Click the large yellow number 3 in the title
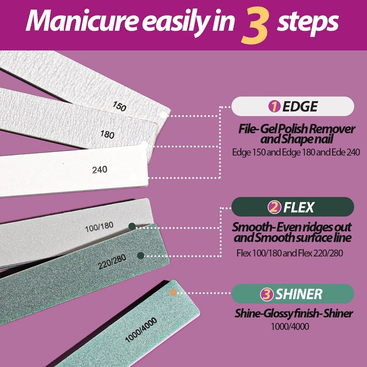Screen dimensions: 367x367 pyautogui.click(x=255, y=26)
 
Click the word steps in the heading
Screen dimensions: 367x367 pyautogui.click(x=307, y=22)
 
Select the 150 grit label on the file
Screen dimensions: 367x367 pyautogui.click(x=119, y=106)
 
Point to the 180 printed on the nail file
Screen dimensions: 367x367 pyautogui.click(x=107, y=134)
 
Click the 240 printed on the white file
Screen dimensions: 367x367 pyautogui.click(x=100, y=170)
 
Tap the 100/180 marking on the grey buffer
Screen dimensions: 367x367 pyautogui.click(x=99, y=227)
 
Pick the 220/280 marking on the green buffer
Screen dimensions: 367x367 pyautogui.click(x=112, y=261)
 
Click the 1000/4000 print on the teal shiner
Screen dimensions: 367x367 pyautogui.click(x=141, y=330)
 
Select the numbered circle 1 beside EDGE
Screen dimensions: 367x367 pyautogui.click(x=274, y=106)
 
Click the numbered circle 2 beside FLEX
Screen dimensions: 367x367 pyautogui.click(x=274, y=207)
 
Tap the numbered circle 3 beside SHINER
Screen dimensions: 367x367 pyautogui.click(x=267, y=294)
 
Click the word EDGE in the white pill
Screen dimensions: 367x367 pyautogui.click(x=300, y=106)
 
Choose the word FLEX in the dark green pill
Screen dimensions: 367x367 pyautogui.click(x=299, y=207)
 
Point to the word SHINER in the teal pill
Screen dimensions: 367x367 pyautogui.click(x=299, y=294)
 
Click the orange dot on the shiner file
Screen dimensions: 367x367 pyautogui.click(x=173, y=293)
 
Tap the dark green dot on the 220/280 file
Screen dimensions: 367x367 pyautogui.click(x=141, y=256)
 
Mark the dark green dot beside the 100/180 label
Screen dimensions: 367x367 pyautogui.click(x=132, y=226)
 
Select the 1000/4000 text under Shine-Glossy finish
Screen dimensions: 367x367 pyautogui.click(x=290, y=327)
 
